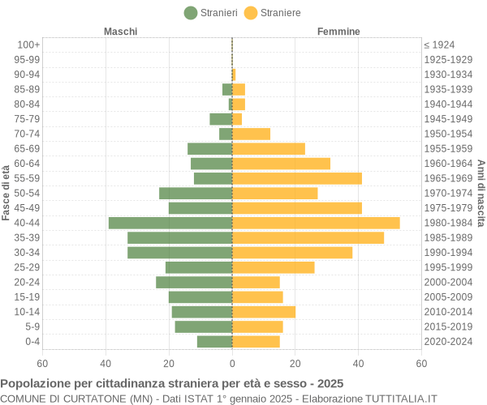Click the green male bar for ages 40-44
tap(170, 223)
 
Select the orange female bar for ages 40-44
tap(316, 223)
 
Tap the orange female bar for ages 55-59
tap(297, 178)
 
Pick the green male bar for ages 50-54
tap(196, 193)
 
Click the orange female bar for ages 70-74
tap(251, 134)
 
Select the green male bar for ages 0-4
tap(214, 342)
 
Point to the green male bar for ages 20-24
tap(194, 282)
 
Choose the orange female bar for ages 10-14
tap(264, 312)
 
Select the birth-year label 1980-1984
tap(448, 223)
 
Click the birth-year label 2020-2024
tap(448, 342)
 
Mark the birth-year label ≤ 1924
tap(439, 45)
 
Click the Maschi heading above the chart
tap(120, 32)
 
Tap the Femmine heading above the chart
tap(338, 32)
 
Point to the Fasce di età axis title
tap(6, 193)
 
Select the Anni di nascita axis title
tap(481, 193)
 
